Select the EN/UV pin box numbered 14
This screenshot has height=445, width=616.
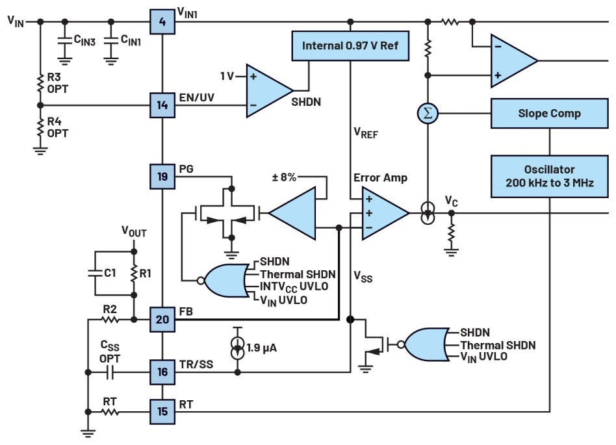pyautogui.click(x=162, y=104)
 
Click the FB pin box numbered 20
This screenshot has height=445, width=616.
pyautogui.click(x=162, y=319)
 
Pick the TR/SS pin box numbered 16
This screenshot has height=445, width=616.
pyautogui.click(x=162, y=372)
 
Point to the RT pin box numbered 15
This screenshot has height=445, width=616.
pyautogui.click(x=162, y=411)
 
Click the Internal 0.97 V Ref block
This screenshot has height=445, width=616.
pyautogui.click(x=350, y=47)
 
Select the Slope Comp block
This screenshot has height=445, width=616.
pyautogui.click(x=550, y=113)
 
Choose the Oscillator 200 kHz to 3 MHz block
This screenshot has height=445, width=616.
pyautogui.click(x=550, y=175)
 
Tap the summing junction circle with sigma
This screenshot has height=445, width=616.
pyautogui.click(x=428, y=114)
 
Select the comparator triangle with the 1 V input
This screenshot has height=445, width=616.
pyautogui.click(x=268, y=90)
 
